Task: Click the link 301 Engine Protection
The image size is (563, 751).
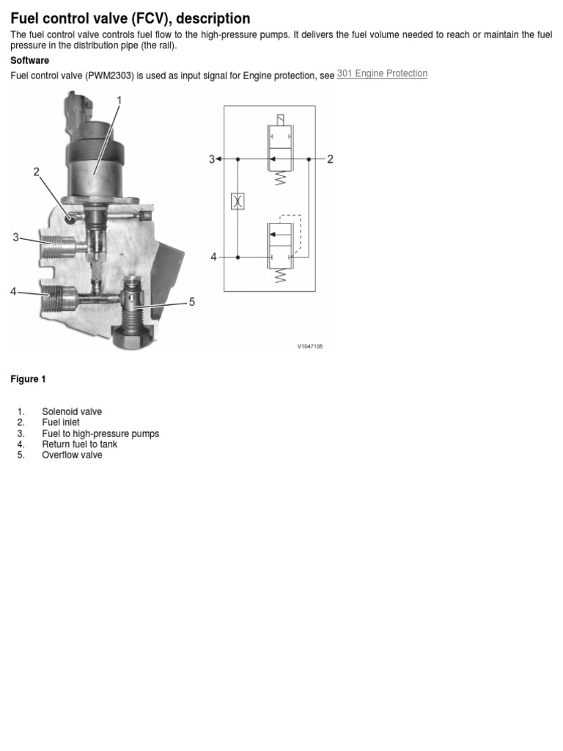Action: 382,74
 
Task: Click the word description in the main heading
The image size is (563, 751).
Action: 213,18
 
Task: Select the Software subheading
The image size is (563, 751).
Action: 29,60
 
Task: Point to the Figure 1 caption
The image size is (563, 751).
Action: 28,379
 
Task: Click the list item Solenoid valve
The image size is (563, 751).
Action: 72,411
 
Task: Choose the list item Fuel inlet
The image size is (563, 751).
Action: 61,422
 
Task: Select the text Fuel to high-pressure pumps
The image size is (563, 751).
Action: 100,433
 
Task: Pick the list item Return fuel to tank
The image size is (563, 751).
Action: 79,444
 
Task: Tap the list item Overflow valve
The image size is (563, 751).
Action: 72,455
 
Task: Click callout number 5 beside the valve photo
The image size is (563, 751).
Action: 192,301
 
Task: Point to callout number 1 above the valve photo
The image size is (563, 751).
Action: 119,100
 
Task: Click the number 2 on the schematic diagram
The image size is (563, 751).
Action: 330,159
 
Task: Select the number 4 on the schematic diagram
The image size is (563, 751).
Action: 214,257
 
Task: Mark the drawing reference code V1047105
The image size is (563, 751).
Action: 309,346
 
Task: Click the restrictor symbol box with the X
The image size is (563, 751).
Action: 237,201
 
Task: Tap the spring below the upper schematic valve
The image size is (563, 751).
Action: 279,178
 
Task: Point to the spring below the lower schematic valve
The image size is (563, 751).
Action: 279,276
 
